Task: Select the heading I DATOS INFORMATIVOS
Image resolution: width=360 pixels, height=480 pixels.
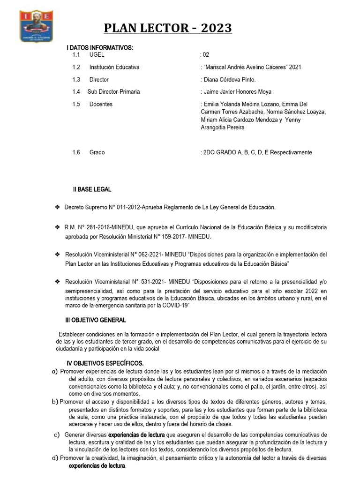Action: click(100, 48)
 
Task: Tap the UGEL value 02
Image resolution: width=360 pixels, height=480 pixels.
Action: click(205, 55)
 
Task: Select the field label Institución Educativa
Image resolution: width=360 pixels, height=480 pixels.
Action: click(114, 67)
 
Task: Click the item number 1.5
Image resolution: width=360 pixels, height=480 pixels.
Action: click(76, 104)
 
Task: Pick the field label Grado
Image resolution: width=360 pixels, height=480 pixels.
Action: click(97, 152)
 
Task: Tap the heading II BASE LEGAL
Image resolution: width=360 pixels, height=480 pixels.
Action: click(92, 189)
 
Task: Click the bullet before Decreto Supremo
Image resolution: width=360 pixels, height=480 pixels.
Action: click(57, 207)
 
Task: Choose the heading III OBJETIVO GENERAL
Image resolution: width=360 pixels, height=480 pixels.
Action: click(95, 320)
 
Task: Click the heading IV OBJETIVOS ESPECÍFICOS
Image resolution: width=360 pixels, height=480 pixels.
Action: click(105, 363)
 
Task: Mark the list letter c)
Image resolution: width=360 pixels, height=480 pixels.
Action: click(57, 435)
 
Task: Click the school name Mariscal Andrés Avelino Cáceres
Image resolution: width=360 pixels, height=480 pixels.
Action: click(245, 67)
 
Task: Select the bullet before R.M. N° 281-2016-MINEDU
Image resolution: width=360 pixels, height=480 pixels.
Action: click(57, 227)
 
